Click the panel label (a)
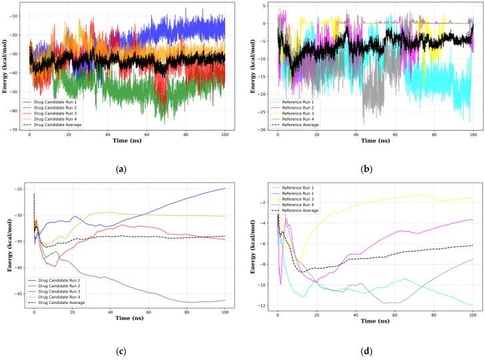click(121, 170)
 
